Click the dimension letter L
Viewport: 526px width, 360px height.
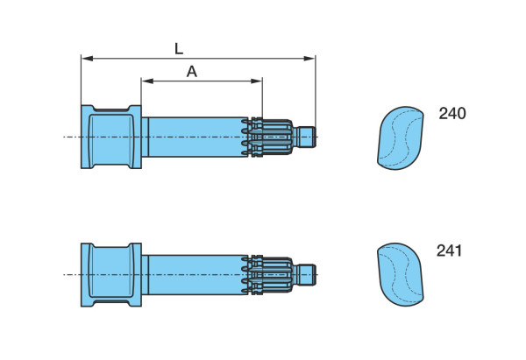pyautogui.click(x=179, y=49)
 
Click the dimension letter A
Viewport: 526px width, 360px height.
pyautogui.click(x=191, y=72)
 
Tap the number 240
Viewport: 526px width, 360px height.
pyautogui.click(x=452, y=113)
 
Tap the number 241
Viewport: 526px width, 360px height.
pyautogui.click(x=449, y=251)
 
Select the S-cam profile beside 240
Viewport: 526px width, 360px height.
pyautogui.click(x=401, y=138)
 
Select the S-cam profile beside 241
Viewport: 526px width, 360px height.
pyautogui.click(x=401, y=274)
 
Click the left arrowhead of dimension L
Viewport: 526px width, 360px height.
pyautogui.click(x=87, y=59)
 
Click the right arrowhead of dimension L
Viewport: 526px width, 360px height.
pyautogui.click(x=309, y=59)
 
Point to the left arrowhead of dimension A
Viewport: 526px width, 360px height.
pyautogui.click(x=147, y=81)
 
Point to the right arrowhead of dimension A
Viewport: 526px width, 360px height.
pyautogui.click(x=256, y=81)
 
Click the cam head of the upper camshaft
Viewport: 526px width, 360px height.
pyautogui.click(x=111, y=137)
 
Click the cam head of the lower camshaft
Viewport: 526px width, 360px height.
pyautogui.click(x=111, y=274)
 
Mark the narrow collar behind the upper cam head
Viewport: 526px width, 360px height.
pyautogui.click(x=145, y=137)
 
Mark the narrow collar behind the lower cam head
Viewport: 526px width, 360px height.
pyautogui.click(x=145, y=274)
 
